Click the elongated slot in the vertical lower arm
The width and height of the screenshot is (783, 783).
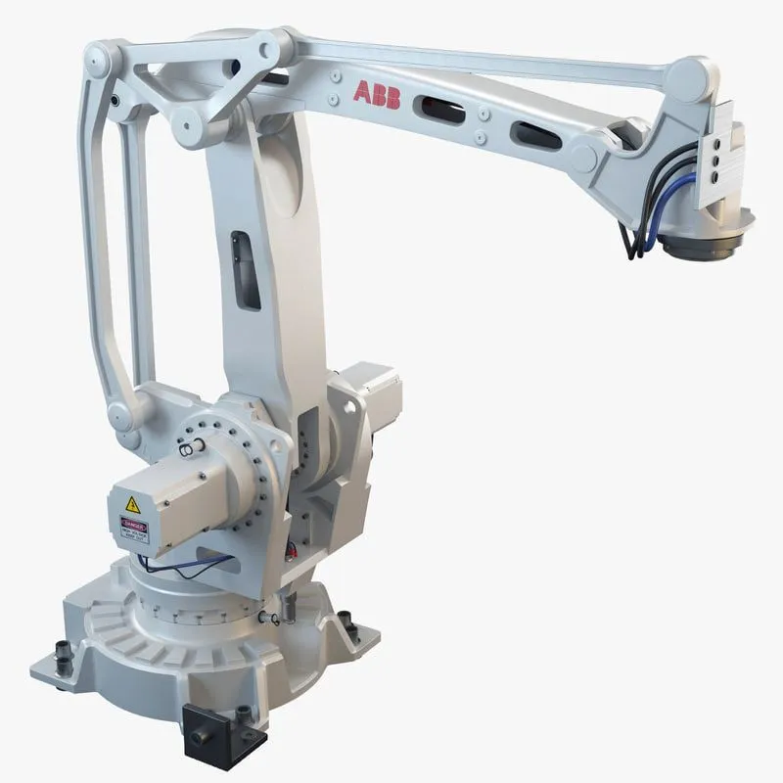tap(241, 257)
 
